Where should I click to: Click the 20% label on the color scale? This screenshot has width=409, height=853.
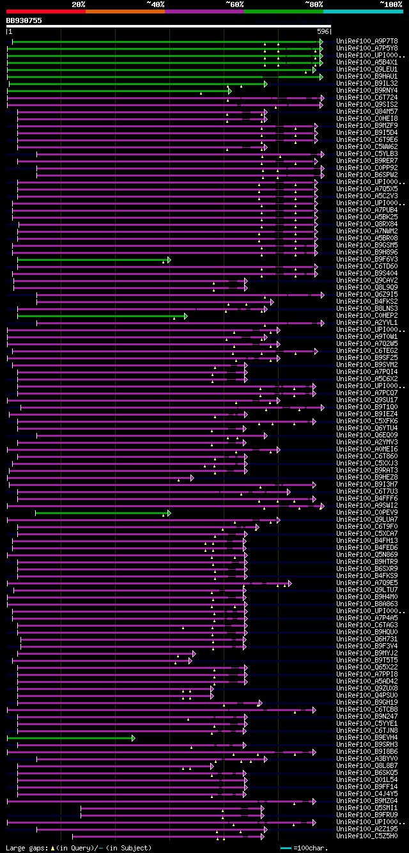pos(79,4)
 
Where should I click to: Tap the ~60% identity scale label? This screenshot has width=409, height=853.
pos(235,4)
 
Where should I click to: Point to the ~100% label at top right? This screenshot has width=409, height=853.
pos(390,4)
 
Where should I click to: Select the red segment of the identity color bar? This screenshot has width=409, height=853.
pos(45,12)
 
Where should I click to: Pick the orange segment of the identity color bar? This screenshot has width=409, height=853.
pos(125,12)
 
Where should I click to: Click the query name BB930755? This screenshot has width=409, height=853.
pos(24,20)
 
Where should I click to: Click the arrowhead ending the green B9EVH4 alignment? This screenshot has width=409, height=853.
pos(134,738)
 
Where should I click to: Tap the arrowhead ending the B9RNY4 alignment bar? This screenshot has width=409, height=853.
pos(229,91)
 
